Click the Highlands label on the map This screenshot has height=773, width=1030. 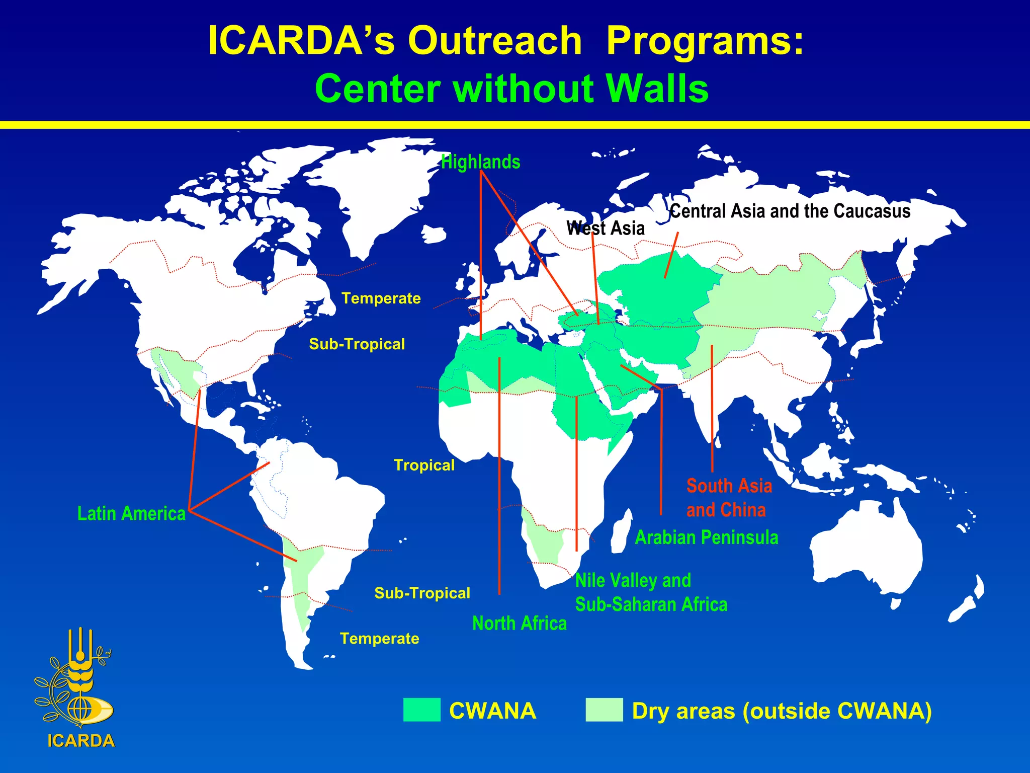480,162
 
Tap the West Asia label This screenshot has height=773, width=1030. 605,228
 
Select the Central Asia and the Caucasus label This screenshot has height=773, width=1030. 790,211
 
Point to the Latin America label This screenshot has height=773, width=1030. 131,513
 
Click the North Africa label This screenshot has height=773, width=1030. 519,624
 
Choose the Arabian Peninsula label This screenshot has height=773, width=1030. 706,537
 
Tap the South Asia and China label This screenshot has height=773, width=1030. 728,498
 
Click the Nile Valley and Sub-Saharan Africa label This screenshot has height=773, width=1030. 650,592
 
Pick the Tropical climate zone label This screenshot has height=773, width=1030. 424,465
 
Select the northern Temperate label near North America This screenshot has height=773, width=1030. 381,298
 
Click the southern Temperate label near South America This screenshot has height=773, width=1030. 379,639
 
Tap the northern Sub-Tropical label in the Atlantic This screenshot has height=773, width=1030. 357,344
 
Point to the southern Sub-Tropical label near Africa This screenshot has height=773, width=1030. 422,593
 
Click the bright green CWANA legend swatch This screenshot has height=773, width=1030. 421,710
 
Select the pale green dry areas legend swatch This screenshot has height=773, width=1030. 604,710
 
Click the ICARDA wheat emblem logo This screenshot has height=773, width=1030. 75,679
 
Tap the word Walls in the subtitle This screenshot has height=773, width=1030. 657,89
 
